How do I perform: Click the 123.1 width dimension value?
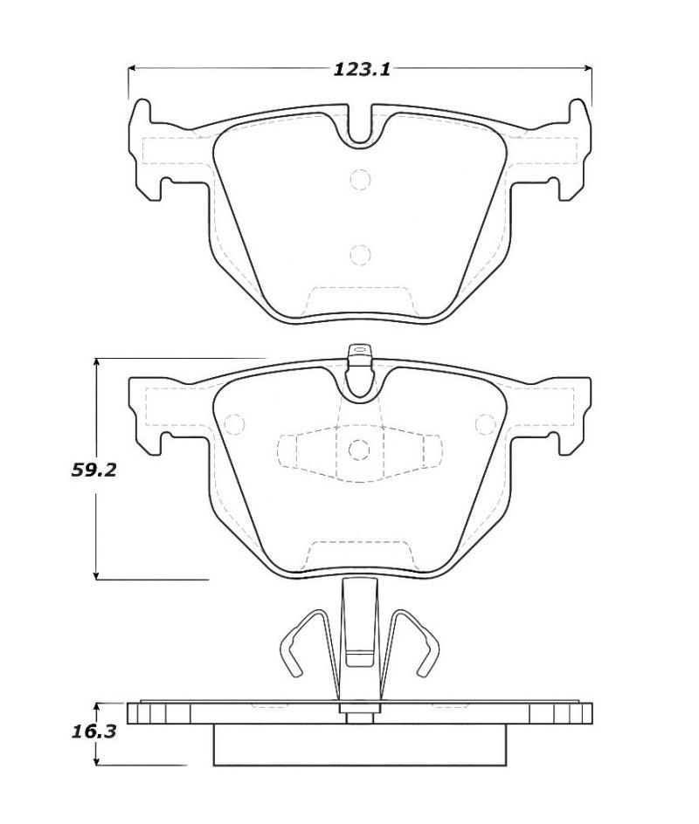pos(361,69)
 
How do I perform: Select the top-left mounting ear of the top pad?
pos(142,114)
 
